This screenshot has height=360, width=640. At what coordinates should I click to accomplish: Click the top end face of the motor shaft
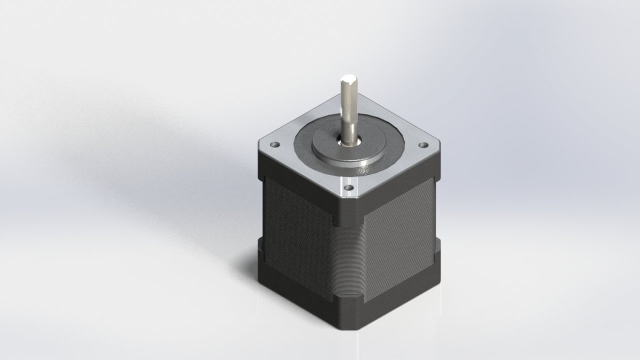348,79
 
